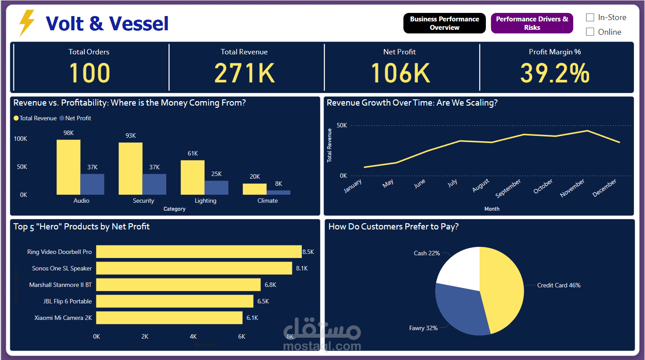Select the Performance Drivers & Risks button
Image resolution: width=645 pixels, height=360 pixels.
tap(532, 23)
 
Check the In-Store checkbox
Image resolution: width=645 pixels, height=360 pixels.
tap(590, 17)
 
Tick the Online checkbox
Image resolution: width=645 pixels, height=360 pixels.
tap(590, 32)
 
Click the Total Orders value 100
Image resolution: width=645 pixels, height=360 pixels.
tap(89, 73)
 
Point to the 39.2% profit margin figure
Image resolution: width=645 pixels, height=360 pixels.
tap(555, 73)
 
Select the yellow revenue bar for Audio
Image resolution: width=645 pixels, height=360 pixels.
tap(68, 167)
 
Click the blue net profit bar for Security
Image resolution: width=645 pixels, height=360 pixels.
tap(154, 184)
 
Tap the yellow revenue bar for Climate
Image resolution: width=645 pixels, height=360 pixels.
tap(255, 189)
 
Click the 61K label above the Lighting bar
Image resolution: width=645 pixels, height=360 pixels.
tap(193, 153)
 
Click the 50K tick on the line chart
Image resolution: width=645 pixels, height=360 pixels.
tap(342, 125)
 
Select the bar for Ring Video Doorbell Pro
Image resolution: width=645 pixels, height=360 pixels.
tap(199, 252)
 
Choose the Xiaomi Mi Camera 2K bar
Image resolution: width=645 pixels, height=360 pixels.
tap(169, 318)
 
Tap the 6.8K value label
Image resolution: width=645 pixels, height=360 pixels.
tap(270, 285)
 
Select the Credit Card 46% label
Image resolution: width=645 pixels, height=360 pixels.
tap(559, 285)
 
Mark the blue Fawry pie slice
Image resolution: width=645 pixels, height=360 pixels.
tap(459, 307)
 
